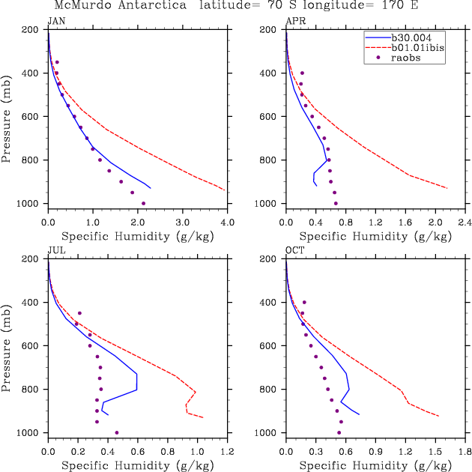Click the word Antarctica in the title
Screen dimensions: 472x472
pyautogui.click(x=149, y=5)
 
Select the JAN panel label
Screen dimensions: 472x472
pyautogui.click(x=56, y=21)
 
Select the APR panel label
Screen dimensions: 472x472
pyautogui.click(x=295, y=21)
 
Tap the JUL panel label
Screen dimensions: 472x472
pyautogui.click(x=56, y=250)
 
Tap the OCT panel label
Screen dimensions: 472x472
pyautogui.click(x=295, y=250)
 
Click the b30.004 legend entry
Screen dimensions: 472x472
pyautogui.click(x=413, y=36)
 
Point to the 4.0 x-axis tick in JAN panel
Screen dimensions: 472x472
pyautogui.click(x=228, y=223)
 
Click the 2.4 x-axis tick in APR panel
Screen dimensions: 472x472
pyautogui.click(x=465, y=223)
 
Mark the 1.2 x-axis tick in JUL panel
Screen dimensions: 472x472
pyautogui.click(x=228, y=452)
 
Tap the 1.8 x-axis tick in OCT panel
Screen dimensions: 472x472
pyautogui.click(x=465, y=452)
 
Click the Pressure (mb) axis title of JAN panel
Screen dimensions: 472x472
pyautogui.click(x=7, y=116)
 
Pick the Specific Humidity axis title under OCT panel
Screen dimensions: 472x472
pyautogui.click(x=375, y=465)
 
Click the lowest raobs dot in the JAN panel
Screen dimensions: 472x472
pyautogui.click(x=143, y=203)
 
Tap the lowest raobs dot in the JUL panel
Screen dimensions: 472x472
pyautogui.click(x=117, y=432)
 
